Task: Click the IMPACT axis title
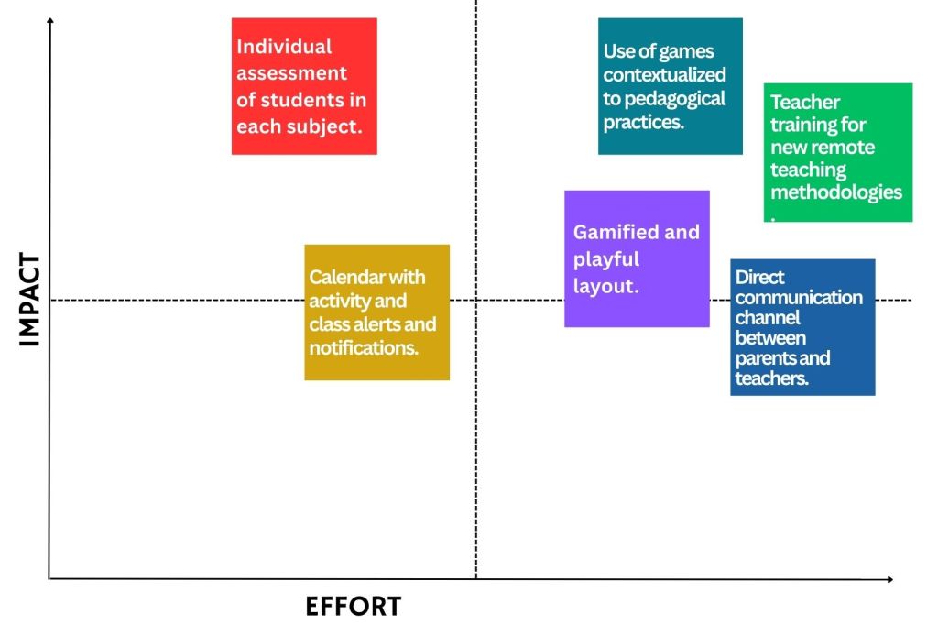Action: pyautogui.click(x=30, y=300)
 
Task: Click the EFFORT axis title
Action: pyautogui.click(x=353, y=607)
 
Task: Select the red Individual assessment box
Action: pyautogui.click(x=304, y=86)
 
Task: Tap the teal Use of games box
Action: pyautogui.click(x=671, y=86)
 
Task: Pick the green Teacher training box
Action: pyautogui.click(x=838, y=152)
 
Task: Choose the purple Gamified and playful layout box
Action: pyautogui.click(x=637, y=258)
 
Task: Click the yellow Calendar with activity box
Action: pyautogui.click(x=376, y=312)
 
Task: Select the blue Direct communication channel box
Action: pyautogui.click(x=802, y=327)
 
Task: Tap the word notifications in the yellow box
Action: pyautogui.click(x=364, y=348)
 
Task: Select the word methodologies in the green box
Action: pyautogui.click(x=835, y=192)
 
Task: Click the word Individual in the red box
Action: pyautogui.click(x=284, y=47)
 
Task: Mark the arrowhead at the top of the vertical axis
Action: pyautogui.click(x=49, y=20)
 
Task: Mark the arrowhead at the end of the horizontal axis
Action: pyautogui.click(x=889, y=579)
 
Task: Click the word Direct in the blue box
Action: pyautogui.click(x=759, y=277)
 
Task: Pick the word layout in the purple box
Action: pyautogui.click(x=604, y=286)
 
